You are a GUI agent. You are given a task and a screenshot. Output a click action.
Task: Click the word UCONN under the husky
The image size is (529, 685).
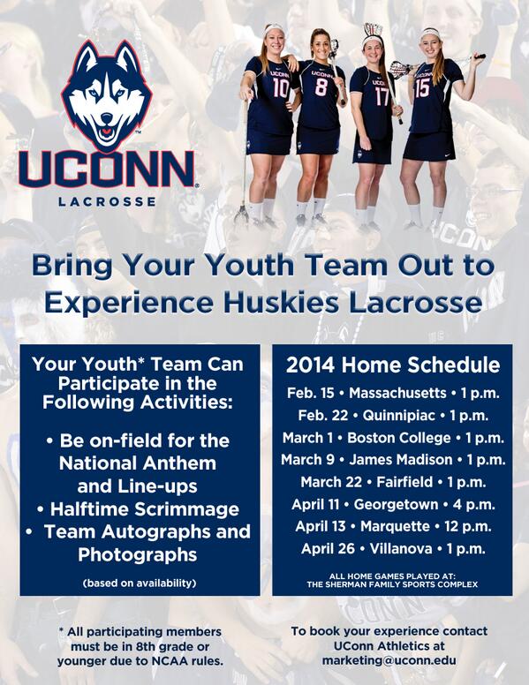[106, 169]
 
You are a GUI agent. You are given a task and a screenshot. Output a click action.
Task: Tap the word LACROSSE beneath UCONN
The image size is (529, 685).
[106, 201]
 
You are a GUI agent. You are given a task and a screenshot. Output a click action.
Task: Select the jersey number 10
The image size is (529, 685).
[281, 88]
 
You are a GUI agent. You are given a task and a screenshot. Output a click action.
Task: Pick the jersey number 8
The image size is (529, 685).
[321, 87]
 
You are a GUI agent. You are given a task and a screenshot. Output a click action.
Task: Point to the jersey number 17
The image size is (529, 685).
[381, 95]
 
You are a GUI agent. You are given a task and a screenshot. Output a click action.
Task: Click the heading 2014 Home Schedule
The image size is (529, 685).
[392, 365]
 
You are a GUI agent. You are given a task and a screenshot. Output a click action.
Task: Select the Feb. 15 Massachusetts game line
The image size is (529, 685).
[392, 392]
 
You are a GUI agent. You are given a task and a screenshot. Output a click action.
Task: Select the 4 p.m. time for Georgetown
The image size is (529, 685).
[472, 504]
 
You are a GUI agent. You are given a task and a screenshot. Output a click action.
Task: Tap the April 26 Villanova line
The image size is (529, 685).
[392, 548]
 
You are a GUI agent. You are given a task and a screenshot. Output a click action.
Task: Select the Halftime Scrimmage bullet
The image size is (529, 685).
[144, 509]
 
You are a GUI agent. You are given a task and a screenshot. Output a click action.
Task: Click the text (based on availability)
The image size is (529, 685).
[140, 583]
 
